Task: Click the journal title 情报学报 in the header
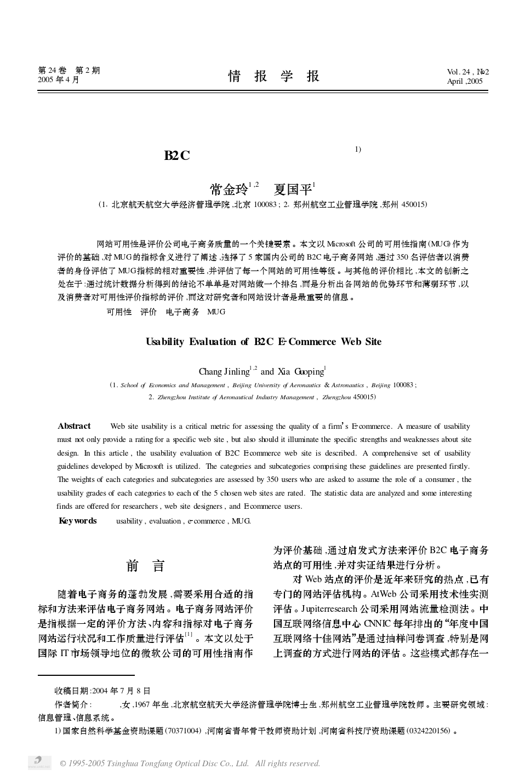[273, 76]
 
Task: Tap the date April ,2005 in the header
[465, 82]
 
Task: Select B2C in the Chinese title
[176, 156]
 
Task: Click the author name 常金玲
[229, 190]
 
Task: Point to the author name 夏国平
[292, 190]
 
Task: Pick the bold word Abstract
[74, 426]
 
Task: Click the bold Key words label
[77, 521]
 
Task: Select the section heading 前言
[145, 566]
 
